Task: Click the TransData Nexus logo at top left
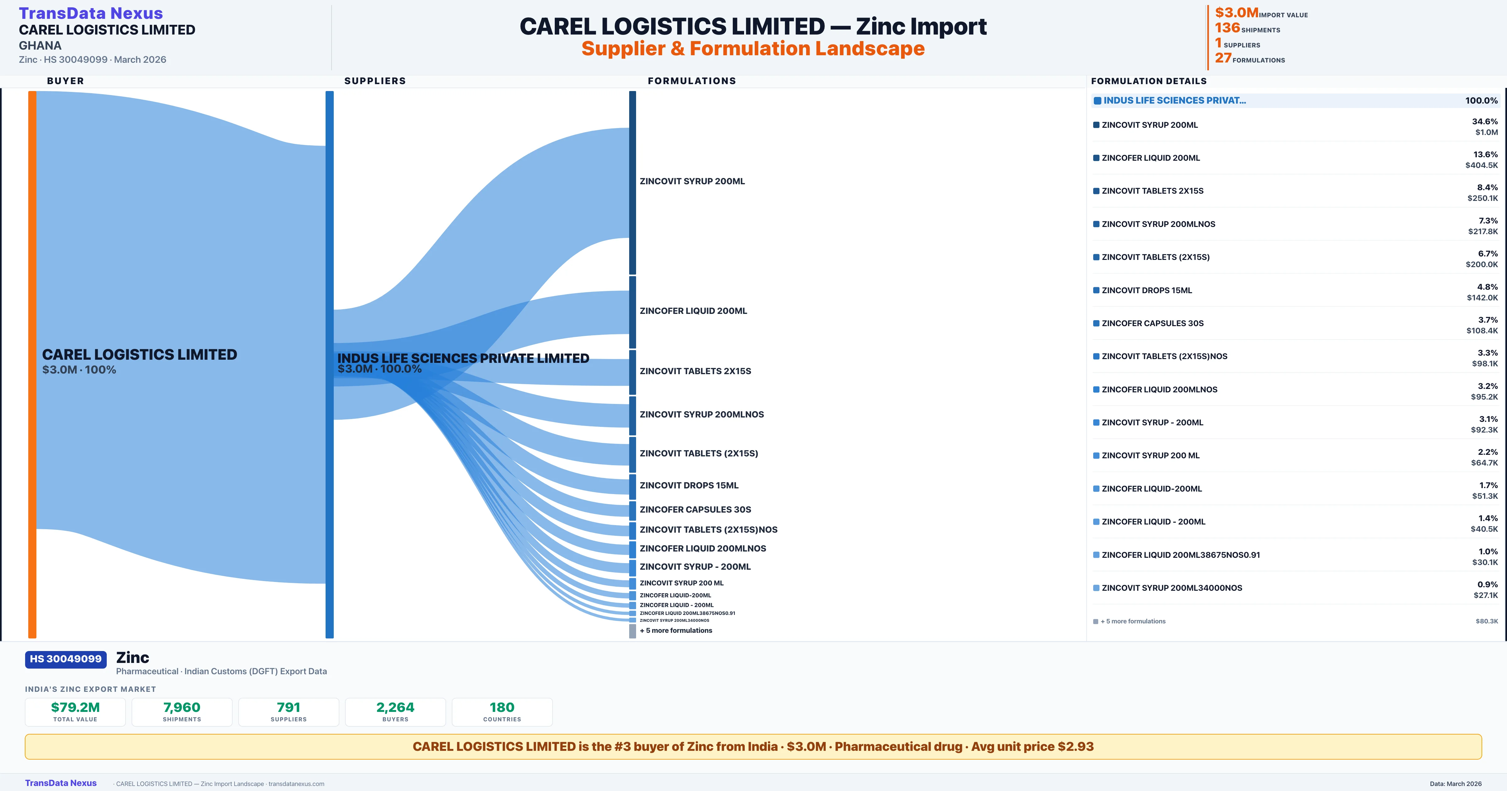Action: (91, 13)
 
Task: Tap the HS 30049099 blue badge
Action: (66, 659)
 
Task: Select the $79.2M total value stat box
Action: (75, 712)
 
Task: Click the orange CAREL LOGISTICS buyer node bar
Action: (32, 363)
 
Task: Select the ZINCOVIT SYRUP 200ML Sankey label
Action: (692, 181)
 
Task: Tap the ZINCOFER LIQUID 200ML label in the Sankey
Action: (693, 311)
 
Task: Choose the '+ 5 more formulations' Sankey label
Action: (676, 630)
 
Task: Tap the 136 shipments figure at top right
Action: (1227, 28)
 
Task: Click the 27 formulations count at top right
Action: (1223, 58)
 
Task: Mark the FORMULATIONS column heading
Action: (691, 81)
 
